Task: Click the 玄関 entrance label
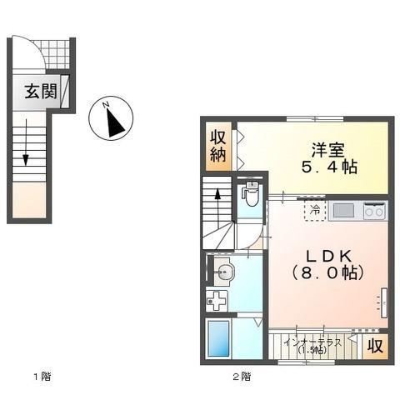tap(39, 91)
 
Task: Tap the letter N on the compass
tap(104, 105)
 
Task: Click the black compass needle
tap(115, 124)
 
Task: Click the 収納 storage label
tap(218, 146)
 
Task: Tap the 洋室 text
tap(328, 150)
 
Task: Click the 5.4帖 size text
tap(328, 167)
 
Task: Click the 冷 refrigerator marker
tap(315, 210)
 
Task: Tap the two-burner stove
tap(374, 211)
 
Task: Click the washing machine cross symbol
tap(217, 301)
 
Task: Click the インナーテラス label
tap(312, 342)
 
